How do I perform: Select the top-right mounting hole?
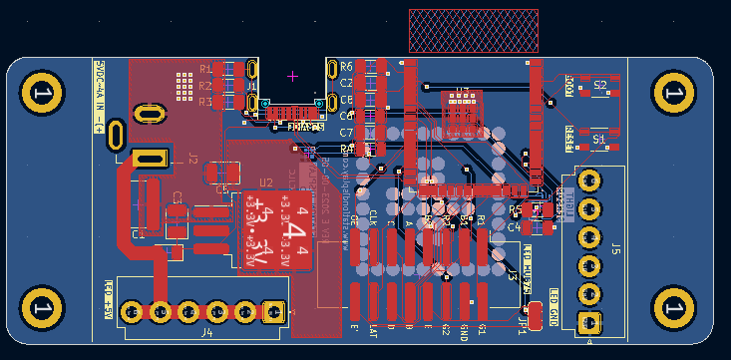tap(673, 93)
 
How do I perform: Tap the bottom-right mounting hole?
tap(673, 308)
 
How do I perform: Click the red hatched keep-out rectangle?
tap(474, 31)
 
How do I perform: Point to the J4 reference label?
tap(207, 332)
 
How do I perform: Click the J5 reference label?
tap(615, 248)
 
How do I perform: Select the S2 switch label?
tap(599, 87)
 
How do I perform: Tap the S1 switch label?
tap(599, 141)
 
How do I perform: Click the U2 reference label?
tap(266, 182)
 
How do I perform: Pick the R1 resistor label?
tap(204, 69)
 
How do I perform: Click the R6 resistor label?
tap(346, 67)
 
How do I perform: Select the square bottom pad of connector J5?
tap(589, 322)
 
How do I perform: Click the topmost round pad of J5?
tap(589, 180)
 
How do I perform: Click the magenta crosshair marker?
tap(292, 75)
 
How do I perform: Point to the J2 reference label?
tap(192, 159)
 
